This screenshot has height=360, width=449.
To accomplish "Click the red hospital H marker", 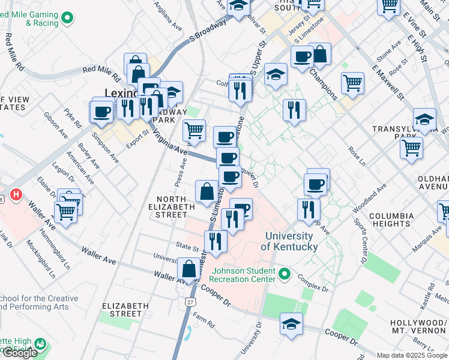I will coord(16,195).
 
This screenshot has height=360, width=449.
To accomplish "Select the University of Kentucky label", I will coord(289,242).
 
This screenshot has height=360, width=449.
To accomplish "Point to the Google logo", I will coord(20,353).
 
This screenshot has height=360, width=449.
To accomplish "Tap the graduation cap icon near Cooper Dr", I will coord(291,324).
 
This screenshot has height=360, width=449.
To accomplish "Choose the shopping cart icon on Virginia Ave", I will coord(194,129).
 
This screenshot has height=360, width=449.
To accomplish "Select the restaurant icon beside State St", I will coord(215,241).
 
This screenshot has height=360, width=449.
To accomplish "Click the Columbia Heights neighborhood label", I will coord(391,220).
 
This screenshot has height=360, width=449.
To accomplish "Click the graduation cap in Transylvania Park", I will coord(424,118).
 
